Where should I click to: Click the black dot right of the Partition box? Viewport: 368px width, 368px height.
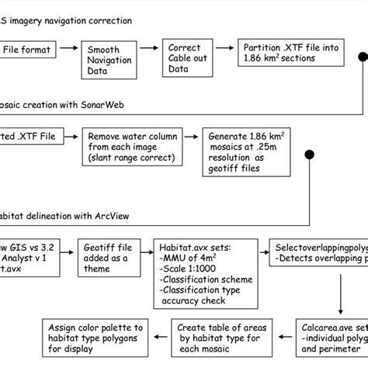click(361, 57)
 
